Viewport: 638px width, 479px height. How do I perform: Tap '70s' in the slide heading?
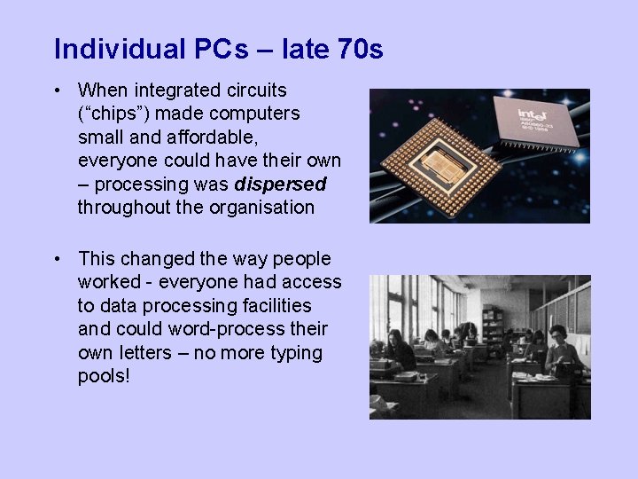pyautogui.click(x=361, y=49)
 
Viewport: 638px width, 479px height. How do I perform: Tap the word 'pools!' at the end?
pyautogui.click(x=104, y=376)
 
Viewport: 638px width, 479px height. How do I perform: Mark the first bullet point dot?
pyautogui.click(x=56, y=90)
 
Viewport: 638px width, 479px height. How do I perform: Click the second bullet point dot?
pyautogui.click(x=56, y=259)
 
